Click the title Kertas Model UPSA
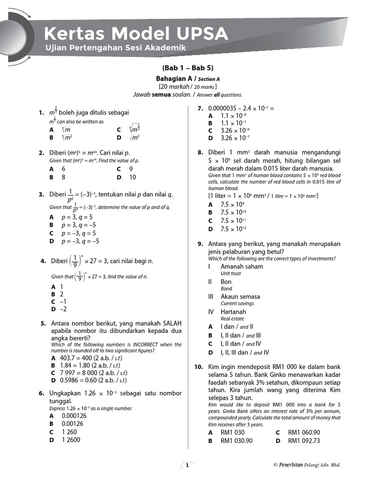(x=136, y=34)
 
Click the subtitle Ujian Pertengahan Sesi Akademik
(x=115, y=48)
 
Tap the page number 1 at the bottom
(x=187, y=465)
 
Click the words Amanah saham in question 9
(x=242, y=266)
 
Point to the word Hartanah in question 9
(x=233, y=312)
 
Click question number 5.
(x=43, y=323)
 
